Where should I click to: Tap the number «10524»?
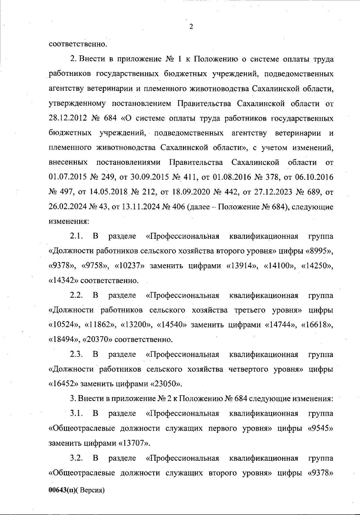pos(64,325)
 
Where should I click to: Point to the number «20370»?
pos(97,340)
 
